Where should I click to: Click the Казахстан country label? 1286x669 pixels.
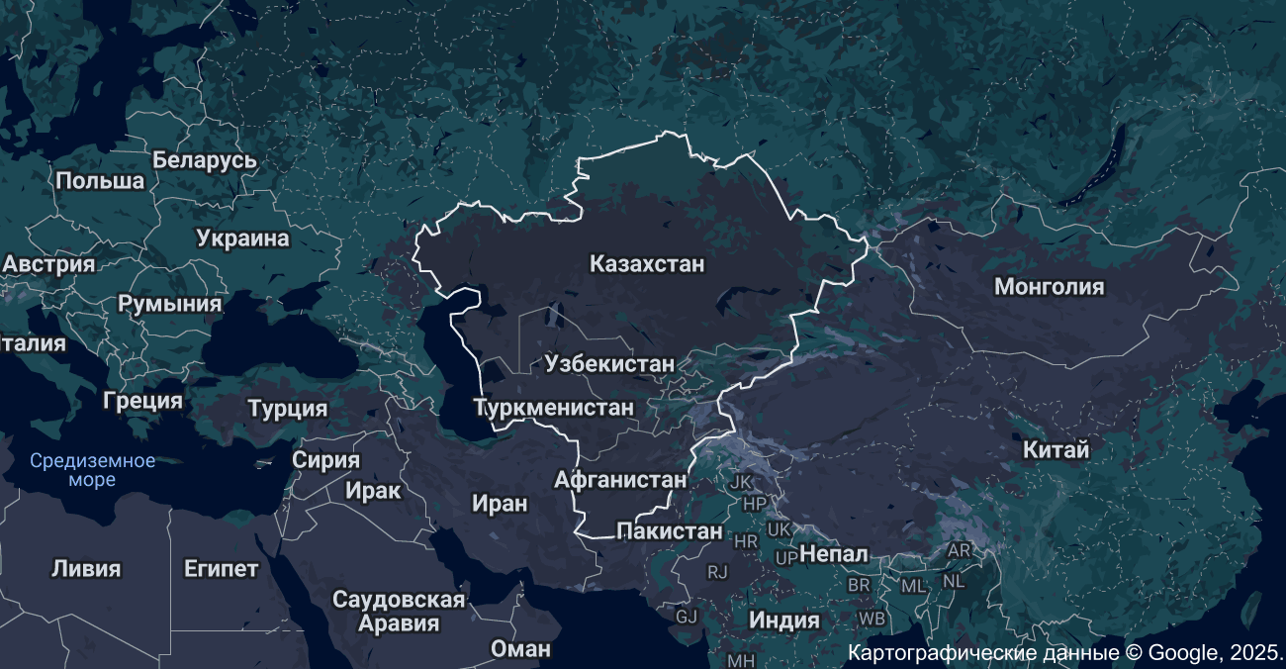click(647, 264)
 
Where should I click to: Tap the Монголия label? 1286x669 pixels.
click(1049, 287)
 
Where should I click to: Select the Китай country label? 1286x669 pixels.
click(1056, 449)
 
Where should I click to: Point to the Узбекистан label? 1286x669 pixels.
click(609, 364)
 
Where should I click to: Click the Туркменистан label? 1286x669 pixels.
click(553, 407)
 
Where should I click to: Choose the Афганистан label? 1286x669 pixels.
click(620, 480)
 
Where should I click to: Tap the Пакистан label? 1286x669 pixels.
click(670, 531)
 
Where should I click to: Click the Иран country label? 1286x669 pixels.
click(500, 503)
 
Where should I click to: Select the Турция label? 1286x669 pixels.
click(288, 409)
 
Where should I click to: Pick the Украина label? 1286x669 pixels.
click(242, 239)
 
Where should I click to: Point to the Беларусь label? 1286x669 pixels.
click(205, 160)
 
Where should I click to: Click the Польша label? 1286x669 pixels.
click(100, 181)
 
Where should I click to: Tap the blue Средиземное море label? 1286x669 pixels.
click(92, 470)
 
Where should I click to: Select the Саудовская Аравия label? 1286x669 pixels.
click(399, 612)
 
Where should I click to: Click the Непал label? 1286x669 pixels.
click(834, 553)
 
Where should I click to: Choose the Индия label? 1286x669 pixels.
click(784, 621)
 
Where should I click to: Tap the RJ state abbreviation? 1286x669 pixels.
click(717, 572)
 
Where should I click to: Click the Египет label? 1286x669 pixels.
click(222, 569)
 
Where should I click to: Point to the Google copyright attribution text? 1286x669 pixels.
click(1065, 653)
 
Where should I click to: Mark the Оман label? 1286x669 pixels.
click(520, 649)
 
